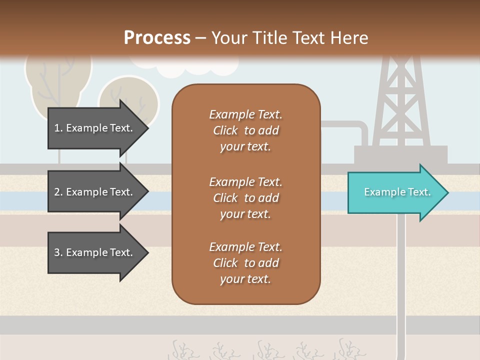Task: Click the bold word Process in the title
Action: (157, 38)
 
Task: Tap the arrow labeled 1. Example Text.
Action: (95, 128)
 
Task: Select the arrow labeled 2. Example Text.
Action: (95, 192)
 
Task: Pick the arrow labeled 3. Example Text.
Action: (95, 252)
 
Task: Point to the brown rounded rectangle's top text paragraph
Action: (245, 130)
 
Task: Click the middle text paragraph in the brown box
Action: (245, 198)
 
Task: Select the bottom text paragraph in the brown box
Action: (245, 263)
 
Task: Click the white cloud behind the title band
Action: (170, 70)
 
